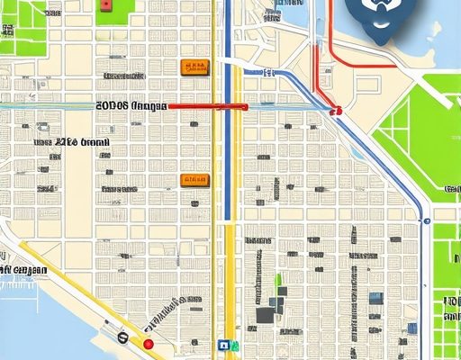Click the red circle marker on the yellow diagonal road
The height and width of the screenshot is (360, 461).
149,344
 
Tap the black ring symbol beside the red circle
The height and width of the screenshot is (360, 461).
122,337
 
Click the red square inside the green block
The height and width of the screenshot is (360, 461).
107,5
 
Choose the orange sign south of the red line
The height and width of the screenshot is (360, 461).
191,180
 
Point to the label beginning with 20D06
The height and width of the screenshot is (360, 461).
131,106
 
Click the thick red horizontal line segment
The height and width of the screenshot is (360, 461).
206,106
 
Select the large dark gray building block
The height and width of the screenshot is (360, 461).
265,315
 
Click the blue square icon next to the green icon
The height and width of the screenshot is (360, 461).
221,344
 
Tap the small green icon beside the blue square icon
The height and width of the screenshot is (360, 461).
232,344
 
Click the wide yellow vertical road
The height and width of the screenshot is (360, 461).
230,288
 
